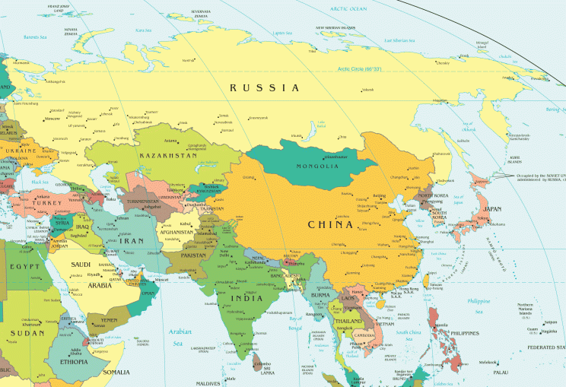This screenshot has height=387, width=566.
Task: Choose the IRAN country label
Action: (x=134, y=240)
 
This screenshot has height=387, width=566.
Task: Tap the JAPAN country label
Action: (x=493, y=208)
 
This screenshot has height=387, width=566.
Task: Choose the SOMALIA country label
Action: (x=116, y=372)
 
